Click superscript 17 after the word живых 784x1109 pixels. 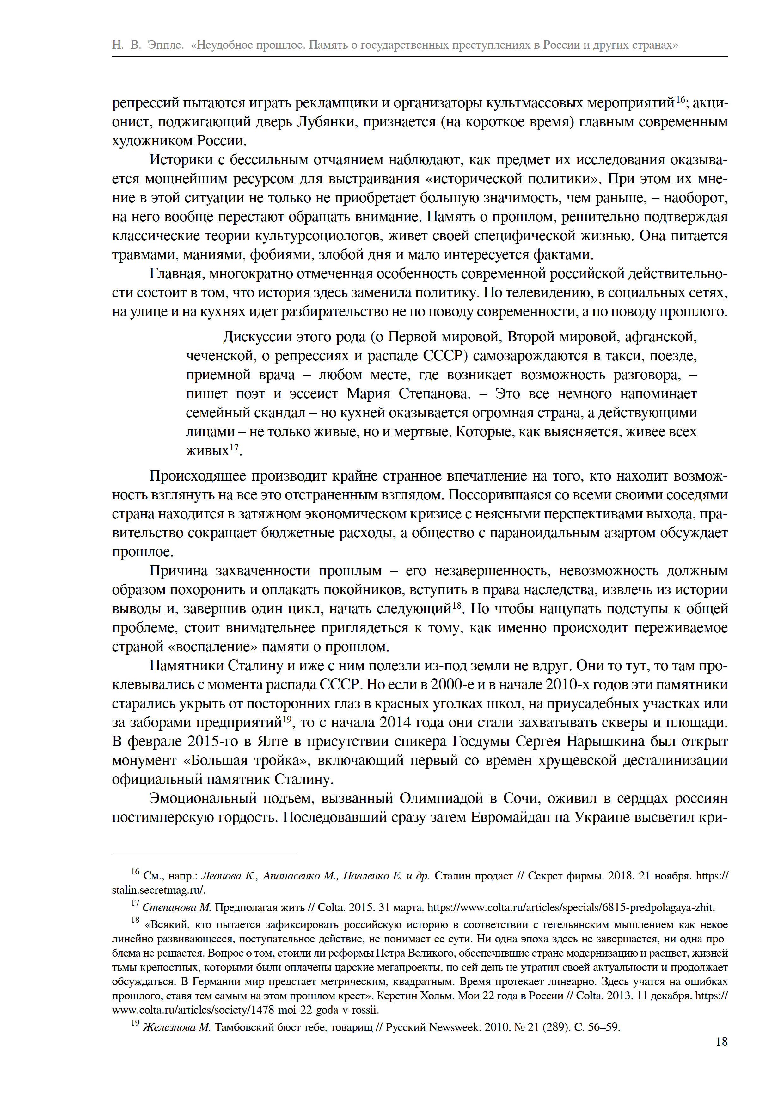pos(234,448)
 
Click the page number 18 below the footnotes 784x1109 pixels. pos(721,1042)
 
